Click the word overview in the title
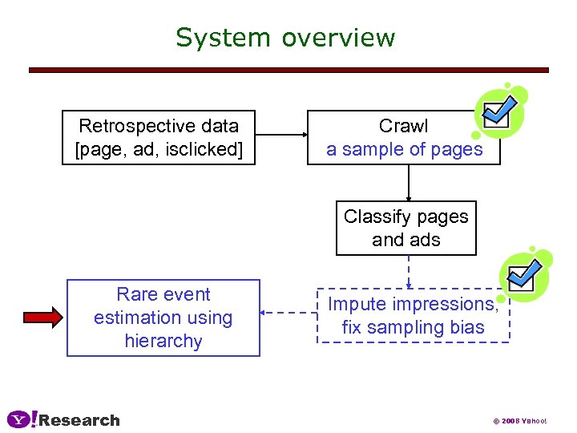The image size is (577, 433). point(338,38)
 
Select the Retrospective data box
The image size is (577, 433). point(159,137)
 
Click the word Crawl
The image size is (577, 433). point(404,126)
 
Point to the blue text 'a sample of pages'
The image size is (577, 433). point(404,149)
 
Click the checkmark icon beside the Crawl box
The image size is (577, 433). point(498,111)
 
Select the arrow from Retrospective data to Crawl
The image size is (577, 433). point(281,137)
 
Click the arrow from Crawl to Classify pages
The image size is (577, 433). point(408,183)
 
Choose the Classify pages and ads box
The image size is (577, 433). point(406,228)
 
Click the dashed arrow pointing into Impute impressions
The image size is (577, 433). point(408,272)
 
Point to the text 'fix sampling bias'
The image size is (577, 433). point(413,327)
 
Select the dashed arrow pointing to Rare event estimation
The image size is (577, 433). point(289,314)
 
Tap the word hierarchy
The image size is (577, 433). point(163,341)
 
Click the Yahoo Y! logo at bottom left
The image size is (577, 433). point(22,419)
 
